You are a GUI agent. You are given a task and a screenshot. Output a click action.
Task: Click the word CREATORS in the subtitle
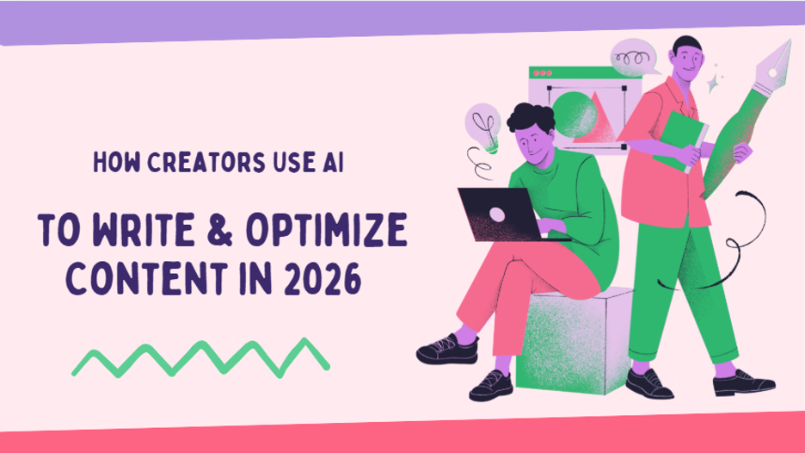pos(180,164)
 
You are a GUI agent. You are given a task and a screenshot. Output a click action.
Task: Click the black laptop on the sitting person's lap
pos(495,212)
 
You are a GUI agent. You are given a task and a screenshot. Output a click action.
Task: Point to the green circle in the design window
pos(573,112)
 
